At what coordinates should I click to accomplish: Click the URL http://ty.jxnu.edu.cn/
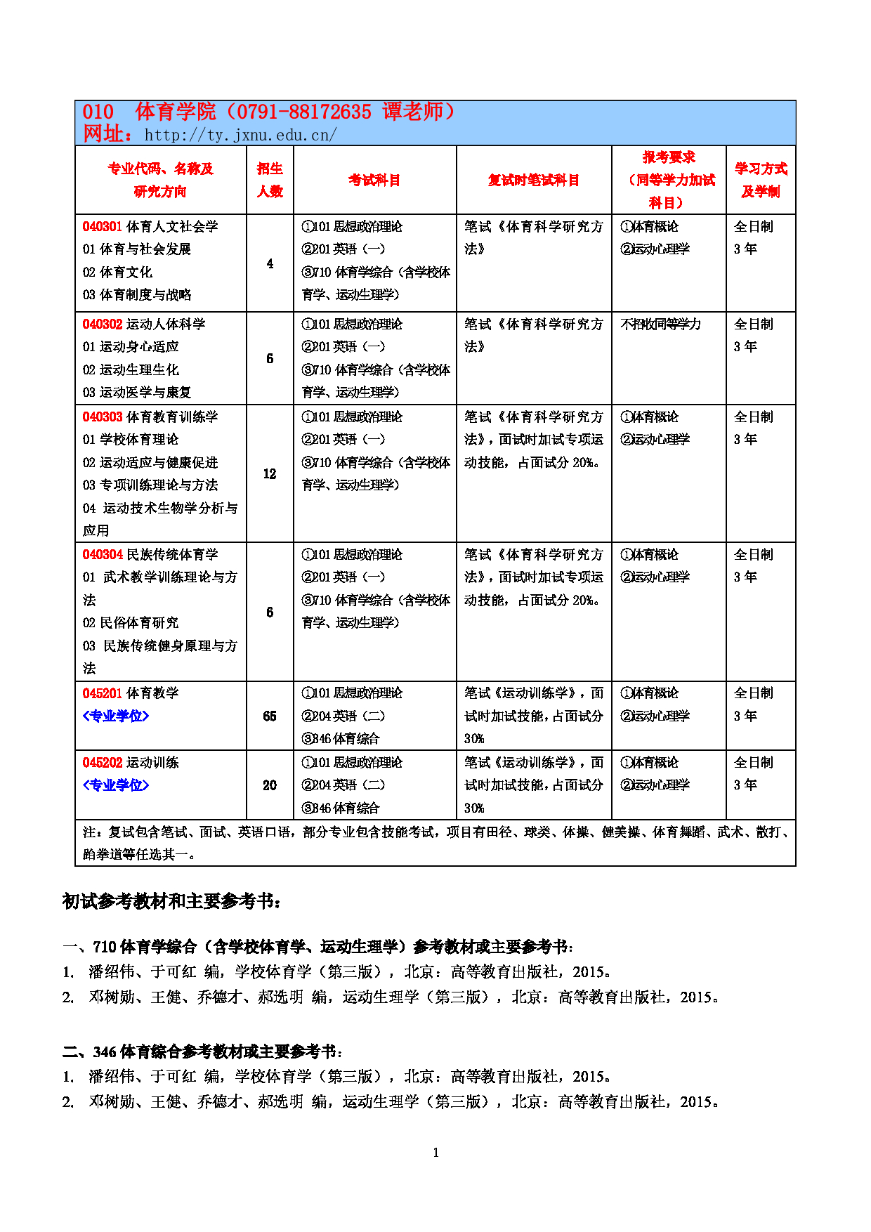click(240, 135)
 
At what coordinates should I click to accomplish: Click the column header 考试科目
click(374, 180)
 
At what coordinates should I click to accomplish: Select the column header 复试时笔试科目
click(534, 180)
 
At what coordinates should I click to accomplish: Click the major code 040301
click(103, 226)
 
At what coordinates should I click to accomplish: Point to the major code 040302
click(103, 324)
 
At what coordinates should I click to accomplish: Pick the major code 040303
click(103, 417)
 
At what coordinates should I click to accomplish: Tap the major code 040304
click(103, 554)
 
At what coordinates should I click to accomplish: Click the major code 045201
click(103, 693)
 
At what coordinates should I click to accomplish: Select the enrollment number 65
click(270, 716)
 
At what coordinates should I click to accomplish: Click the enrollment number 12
click(270, 474)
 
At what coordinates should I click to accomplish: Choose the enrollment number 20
click(270, 785)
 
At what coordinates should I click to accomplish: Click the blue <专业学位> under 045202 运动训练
click(116, 785)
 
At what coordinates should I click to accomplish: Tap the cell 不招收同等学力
click(660, 324)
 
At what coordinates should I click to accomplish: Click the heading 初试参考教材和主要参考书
click(171, 901)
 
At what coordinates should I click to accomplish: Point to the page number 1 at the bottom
click(435, 1152)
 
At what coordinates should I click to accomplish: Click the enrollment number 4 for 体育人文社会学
click(270, 263)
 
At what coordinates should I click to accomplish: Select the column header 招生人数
click(270, 180)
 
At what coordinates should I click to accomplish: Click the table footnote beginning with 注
click(435, 843)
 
